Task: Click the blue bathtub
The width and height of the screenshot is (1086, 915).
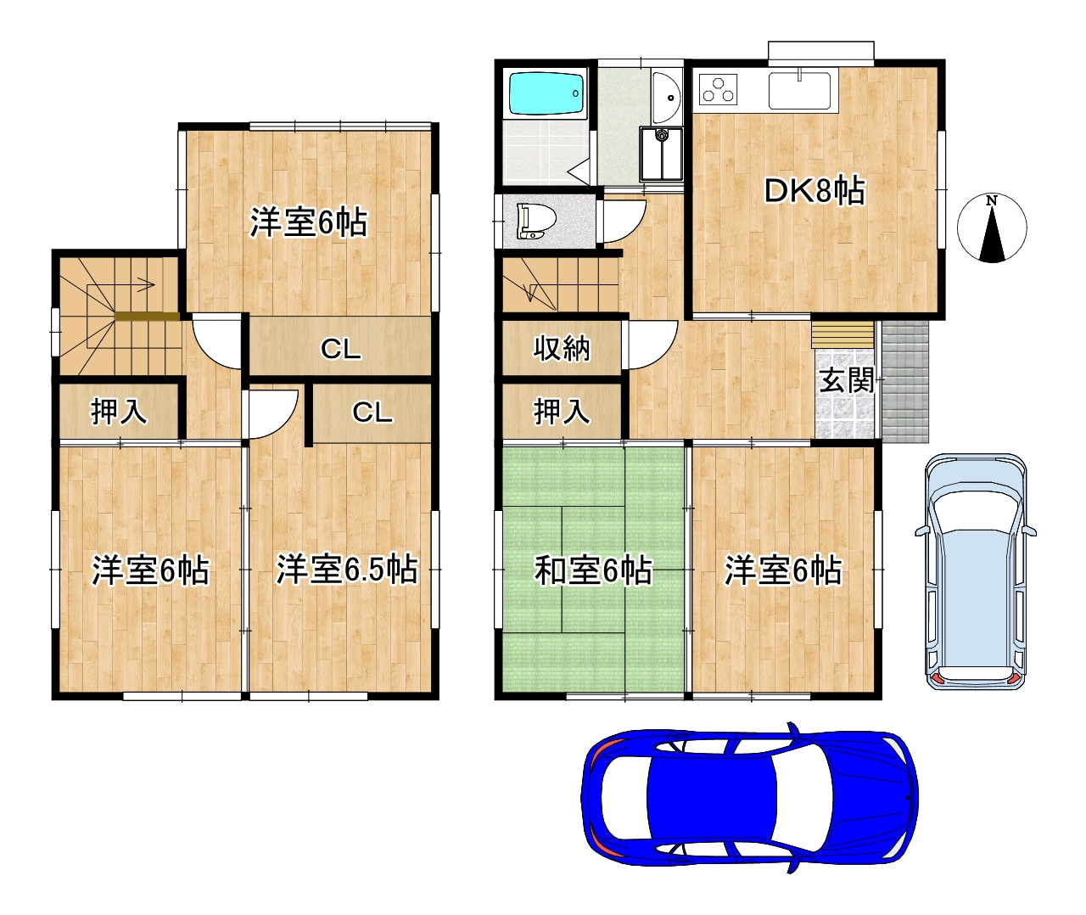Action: point(546,93)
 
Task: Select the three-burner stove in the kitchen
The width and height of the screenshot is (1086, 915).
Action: point(718,89)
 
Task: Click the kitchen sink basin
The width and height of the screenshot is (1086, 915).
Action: point(799,91)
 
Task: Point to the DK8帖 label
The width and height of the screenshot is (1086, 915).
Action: point(814,191)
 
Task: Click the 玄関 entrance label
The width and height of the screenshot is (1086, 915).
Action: point(846,380)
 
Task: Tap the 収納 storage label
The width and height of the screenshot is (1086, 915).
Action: point(562,348)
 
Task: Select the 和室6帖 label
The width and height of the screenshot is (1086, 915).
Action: point(593,570)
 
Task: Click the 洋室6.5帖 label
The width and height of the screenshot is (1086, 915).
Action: point(346,570)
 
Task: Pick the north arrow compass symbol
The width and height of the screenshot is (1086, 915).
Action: point(992,228)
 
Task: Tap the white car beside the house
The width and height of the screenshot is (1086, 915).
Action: point(975,571)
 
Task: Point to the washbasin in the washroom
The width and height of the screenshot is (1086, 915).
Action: point(666,97)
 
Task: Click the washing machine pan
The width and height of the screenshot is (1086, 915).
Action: point(661,154)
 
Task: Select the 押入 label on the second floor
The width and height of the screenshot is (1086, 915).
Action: point(119,411)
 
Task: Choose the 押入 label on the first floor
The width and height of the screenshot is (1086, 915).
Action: point(562,411)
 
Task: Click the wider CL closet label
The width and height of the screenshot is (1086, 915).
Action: point(341,349)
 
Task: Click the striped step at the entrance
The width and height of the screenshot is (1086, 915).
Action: point(842,334)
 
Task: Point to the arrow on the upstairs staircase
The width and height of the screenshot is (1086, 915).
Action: point(147,284)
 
